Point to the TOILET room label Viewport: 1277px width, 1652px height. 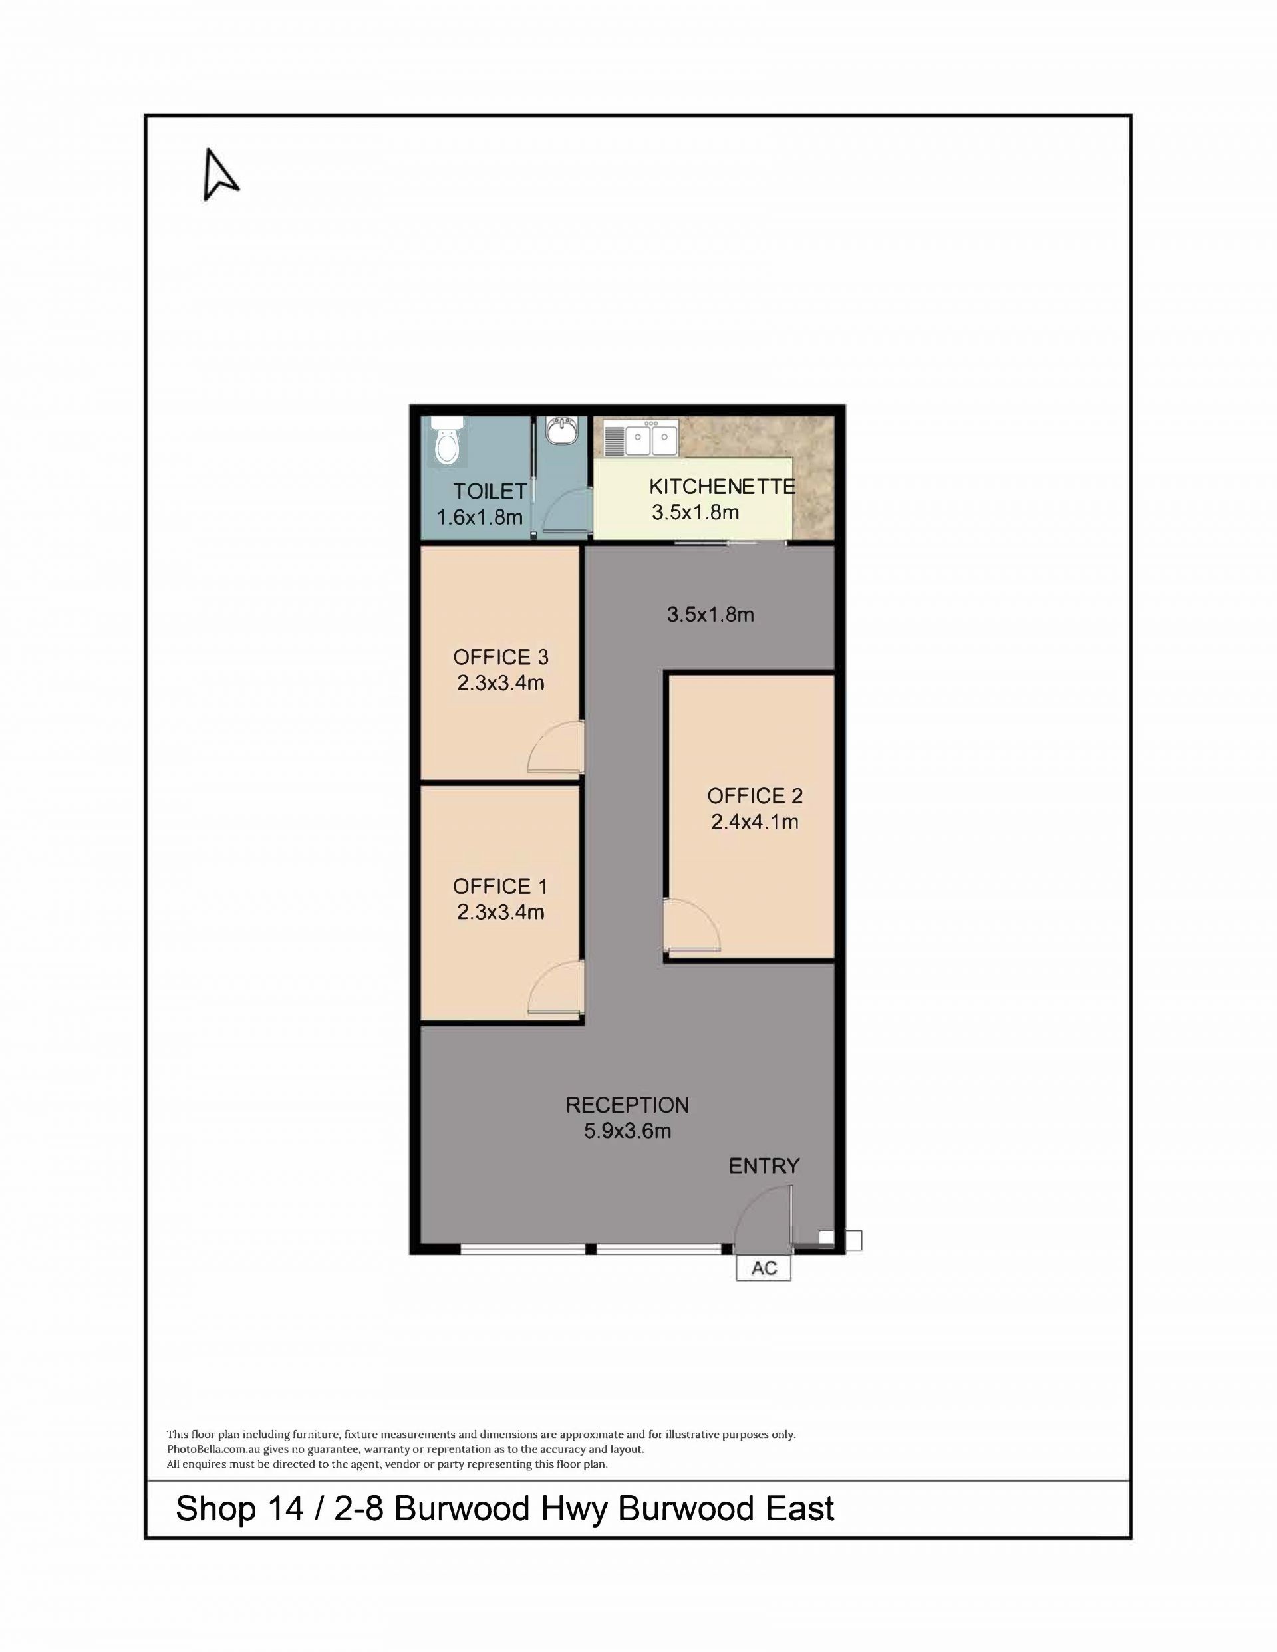tap(490, 491)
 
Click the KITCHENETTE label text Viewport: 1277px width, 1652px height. tap(722, 486)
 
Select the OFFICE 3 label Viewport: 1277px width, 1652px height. tap(500, 657)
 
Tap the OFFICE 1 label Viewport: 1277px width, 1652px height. tap(500, 886)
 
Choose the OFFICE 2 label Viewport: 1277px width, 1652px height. tap(755, 796)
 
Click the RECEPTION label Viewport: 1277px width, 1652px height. tap(627, 1105)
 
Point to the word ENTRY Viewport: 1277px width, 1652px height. tap(764, 1167)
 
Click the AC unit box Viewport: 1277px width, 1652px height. tap(764, 1268)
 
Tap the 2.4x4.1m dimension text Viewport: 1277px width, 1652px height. tap(755, 821)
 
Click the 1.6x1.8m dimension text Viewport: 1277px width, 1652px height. tap(480, 517)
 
